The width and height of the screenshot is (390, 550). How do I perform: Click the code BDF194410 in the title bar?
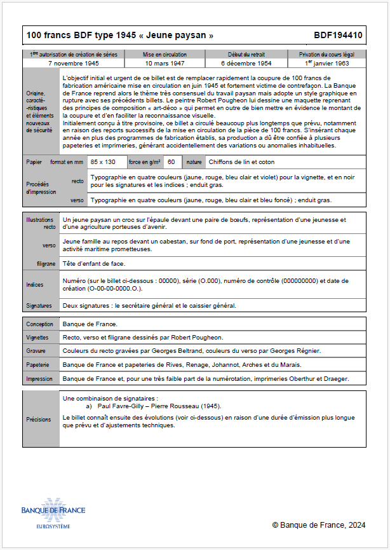click(x=338, y=36)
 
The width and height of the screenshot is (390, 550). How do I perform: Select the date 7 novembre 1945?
click(x=73, y=64)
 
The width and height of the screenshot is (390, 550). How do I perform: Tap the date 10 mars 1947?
click(x=165, y=64)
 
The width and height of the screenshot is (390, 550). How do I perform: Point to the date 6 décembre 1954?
click(x=246, y=64)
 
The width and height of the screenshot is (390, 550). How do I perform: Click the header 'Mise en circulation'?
click(x=165, y=55)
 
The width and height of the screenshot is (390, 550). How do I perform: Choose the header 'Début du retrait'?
click(x=246, y=55)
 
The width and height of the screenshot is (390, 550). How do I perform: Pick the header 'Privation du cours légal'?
click(x=327, y=55)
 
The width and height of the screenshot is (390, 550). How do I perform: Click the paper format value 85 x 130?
click(x=103, y=162)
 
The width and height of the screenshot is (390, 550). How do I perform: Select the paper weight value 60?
click(x=171, y=162)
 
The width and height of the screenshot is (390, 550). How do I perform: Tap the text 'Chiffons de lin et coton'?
click(x=241, y=162)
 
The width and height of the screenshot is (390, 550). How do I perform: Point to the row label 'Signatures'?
click(x=39, y=305)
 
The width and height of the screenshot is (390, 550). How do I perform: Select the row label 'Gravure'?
click(x=37, y=350)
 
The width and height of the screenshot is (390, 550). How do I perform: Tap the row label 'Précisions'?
click(x=39, y=419)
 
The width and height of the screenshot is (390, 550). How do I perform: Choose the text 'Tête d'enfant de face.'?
click(x=94, y=264)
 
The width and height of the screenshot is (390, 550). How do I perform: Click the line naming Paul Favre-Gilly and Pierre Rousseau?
click(x=159, y=406)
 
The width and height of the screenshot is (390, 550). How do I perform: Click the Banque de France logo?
click(x=53, y=512)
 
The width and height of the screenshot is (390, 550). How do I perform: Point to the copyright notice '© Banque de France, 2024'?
click(x=319, y=525)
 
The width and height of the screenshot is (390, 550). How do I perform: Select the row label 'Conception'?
click(x=40, y=324)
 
